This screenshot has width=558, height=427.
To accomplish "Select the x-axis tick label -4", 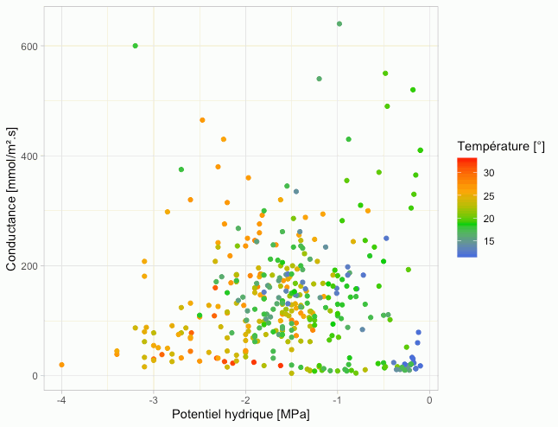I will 61,399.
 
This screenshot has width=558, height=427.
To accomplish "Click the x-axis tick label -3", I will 153,399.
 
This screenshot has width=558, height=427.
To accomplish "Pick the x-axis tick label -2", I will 245,399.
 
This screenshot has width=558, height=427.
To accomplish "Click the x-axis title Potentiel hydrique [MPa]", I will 240,415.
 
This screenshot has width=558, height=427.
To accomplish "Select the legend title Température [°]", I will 501,144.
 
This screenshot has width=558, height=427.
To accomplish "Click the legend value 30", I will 488,173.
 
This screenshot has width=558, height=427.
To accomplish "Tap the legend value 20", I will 488,220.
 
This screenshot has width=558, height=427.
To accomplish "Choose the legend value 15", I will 488,242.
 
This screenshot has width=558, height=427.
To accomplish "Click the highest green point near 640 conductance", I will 339,24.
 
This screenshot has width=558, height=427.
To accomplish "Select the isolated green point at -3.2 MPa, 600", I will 136,46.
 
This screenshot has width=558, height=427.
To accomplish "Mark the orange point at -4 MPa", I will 61,365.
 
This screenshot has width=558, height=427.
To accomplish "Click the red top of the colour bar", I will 467,161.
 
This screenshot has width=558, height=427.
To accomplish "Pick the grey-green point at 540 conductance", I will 320,79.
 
